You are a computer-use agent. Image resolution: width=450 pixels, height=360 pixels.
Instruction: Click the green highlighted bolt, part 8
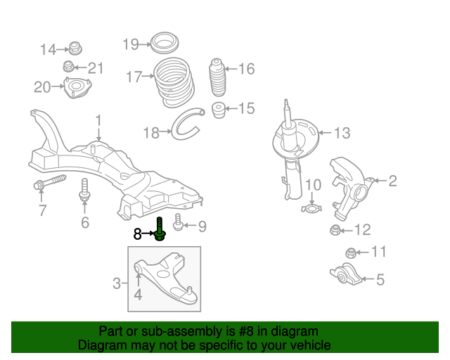click(160, 229)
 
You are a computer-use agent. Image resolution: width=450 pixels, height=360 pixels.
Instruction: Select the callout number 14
click(47, 49)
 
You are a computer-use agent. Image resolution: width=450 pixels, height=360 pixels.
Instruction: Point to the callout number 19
click(131, 44)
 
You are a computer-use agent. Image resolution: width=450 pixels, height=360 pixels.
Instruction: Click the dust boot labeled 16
click(217, 81)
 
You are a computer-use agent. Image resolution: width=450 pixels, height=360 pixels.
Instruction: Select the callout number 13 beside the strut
click(341, 133)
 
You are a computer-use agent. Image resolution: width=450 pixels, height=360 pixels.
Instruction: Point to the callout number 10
click(312, 186)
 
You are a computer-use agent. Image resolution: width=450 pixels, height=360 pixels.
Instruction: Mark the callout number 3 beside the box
click(117, 283)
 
